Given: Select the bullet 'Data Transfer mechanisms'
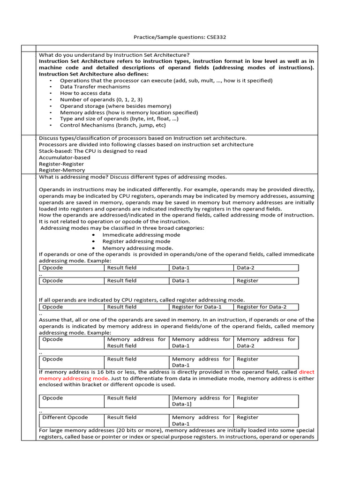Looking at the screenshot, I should (95, 87).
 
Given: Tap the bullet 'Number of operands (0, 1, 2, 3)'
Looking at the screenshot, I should (101, 99).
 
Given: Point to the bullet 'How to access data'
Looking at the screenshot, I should (85, 93).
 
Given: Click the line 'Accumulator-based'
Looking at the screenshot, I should (64, 157).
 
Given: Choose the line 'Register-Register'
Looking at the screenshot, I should (61, 164).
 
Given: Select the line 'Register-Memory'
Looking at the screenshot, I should (62, 171).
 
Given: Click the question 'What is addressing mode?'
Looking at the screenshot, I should (133, 177).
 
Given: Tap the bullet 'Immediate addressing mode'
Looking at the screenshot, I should (141, 235).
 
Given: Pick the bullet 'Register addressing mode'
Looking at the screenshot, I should (136, 241).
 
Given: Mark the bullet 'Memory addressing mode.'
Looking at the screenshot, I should (138, 248).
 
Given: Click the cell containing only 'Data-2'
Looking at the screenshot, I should (265, 268).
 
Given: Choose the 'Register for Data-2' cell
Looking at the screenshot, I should (265, 307).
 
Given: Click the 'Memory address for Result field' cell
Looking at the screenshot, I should (136, 342).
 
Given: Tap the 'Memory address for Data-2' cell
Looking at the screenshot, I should (265, 342).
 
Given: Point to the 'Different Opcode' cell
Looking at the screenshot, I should (71, 417).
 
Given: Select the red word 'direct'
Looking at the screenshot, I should (307, 372).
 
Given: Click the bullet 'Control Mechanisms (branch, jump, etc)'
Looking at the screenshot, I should (112, 125).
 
